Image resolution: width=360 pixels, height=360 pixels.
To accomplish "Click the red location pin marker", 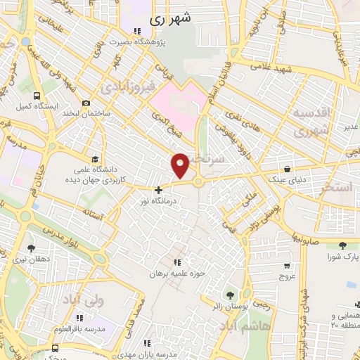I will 181,165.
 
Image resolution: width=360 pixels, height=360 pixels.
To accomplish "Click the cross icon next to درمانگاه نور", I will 159,189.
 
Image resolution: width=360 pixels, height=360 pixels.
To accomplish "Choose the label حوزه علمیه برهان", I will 172,274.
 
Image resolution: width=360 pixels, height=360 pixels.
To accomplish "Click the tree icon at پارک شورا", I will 342,245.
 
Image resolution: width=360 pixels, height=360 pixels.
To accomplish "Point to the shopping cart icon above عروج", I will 287,266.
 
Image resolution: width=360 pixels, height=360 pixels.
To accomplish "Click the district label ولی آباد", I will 92,300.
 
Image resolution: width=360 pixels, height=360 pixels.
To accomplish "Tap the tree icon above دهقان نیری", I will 30,248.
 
